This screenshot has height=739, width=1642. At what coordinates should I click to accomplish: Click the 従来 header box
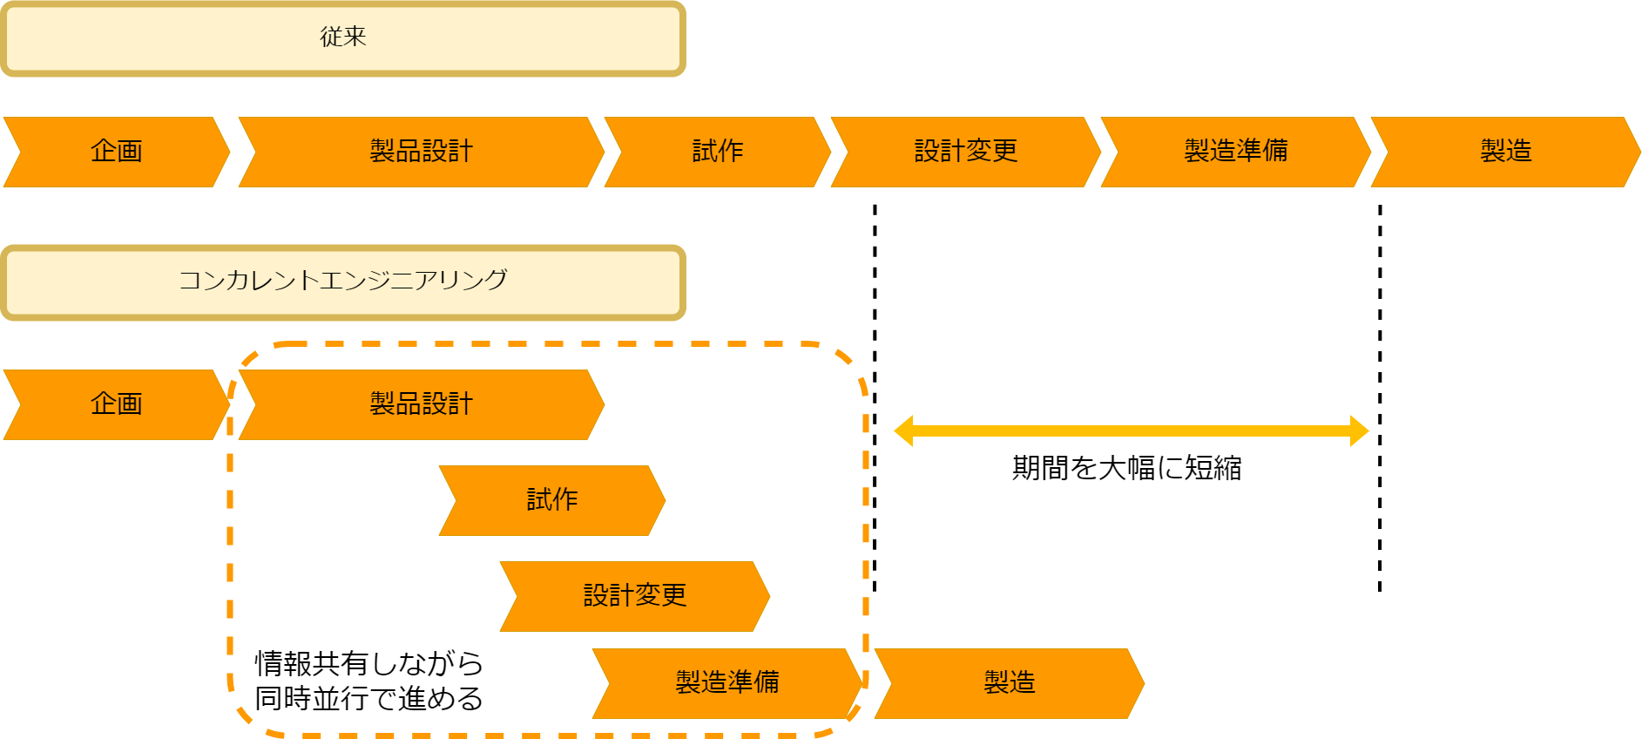[343, 38]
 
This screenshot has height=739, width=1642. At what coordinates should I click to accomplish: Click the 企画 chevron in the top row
[117, 152]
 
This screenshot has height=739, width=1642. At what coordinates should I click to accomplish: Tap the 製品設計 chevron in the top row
[422, 152]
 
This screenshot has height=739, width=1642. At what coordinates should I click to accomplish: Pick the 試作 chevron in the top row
[718, 152]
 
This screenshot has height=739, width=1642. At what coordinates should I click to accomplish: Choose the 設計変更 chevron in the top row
[966, 152]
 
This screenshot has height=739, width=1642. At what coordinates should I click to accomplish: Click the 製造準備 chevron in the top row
[1236, 152]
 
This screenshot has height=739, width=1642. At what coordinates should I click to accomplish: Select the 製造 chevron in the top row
[1506, 152]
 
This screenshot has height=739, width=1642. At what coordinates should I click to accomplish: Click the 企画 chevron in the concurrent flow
[117, 404]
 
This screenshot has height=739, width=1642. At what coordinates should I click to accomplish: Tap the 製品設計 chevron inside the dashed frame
[422, 404]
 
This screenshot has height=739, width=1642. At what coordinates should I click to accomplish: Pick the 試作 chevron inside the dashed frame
[552, 500]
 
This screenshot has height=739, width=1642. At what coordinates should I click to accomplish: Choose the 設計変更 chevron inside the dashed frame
[635, 596]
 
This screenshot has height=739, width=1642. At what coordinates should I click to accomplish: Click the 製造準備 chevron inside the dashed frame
[727, 683]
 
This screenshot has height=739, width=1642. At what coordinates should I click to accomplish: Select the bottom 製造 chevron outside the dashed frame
[1010, 683]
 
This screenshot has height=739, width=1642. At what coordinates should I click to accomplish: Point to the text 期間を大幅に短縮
[1126, 469]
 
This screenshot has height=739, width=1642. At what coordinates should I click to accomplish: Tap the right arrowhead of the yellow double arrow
[1359, 431]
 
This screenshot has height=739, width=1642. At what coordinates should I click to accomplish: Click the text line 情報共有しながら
[368, 664]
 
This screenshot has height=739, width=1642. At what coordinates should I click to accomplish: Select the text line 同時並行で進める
[368, 699]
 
